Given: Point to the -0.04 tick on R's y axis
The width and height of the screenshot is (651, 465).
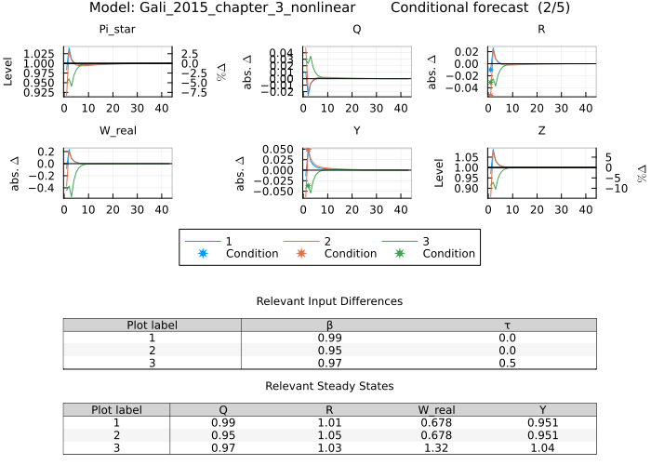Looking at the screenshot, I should point(465,88).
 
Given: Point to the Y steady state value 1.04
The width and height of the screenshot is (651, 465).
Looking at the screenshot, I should point(542,448).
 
